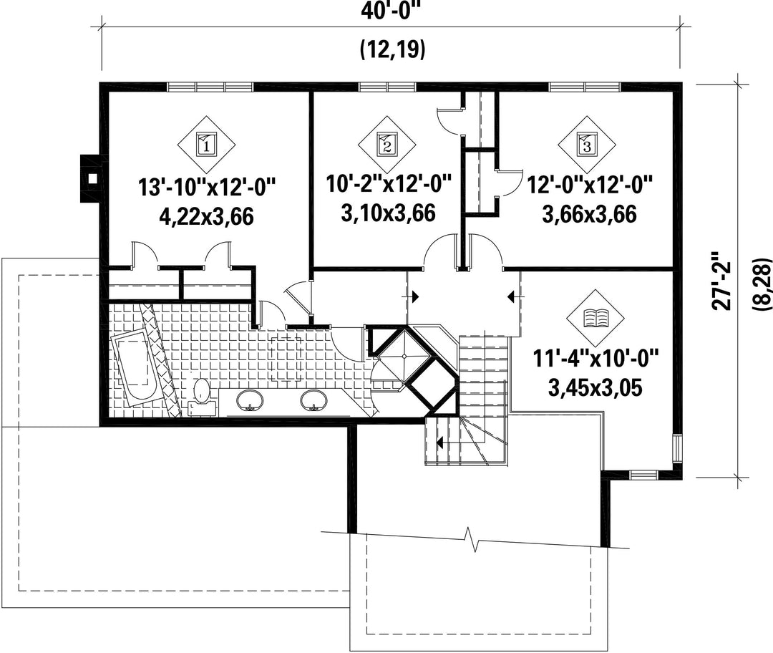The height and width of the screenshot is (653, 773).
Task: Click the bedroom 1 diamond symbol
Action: coord(207,145)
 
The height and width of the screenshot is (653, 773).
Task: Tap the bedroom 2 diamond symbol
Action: coord(387,145)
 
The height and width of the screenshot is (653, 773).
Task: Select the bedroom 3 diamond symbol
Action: coord(587,145)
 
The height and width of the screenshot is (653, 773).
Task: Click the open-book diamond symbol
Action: coord(596,318)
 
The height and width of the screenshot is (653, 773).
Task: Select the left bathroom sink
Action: coord(251,400)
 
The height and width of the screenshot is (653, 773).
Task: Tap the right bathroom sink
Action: coord(314,400)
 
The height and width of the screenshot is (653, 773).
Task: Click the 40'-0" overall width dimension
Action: coord(392,11)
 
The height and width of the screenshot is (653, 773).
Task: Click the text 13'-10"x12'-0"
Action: coord(207,188)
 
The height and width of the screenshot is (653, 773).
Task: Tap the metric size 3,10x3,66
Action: coord(388,213)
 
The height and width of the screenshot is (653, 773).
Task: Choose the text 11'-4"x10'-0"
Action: coord(595,359)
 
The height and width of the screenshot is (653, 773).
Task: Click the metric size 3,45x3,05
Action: coord(595,388)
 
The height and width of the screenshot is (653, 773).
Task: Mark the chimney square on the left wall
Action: coord(91,178)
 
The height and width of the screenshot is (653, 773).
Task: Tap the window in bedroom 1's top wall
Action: coord(210,87)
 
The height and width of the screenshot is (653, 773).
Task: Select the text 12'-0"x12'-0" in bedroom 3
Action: coord(590,185)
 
